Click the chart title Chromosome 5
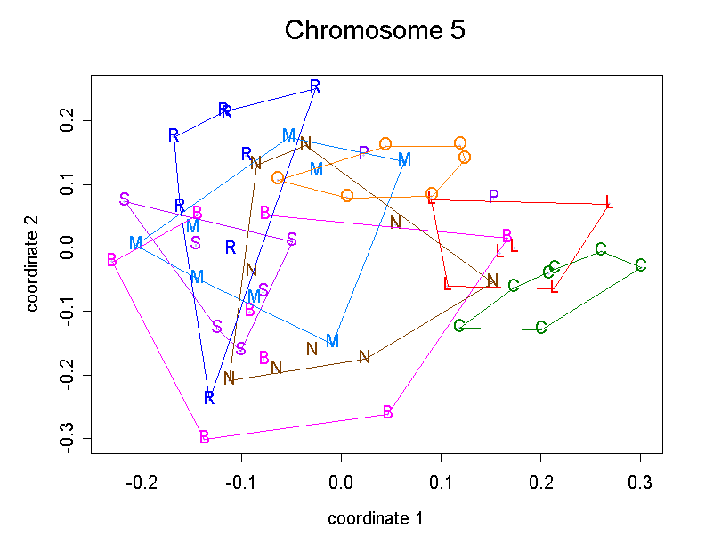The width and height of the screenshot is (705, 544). (x=375, y=30)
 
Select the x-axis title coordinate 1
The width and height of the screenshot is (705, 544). (x=375, y=517)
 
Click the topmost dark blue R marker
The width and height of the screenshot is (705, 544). (x=315, y=86)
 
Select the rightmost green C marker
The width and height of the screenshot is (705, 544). (x=641, y=265)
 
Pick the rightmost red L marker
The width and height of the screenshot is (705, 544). (x=609, y=202)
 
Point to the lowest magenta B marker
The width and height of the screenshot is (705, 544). (x=205, y=437)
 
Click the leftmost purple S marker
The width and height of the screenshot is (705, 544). (x=125, y=199)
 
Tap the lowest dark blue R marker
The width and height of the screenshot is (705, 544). (x=208, y=397)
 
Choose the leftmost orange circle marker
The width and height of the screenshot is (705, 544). (x=278, y=178)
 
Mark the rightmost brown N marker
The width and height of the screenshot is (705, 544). (x=492, y=280)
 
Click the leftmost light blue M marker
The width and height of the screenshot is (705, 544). (x=135, y=242)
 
